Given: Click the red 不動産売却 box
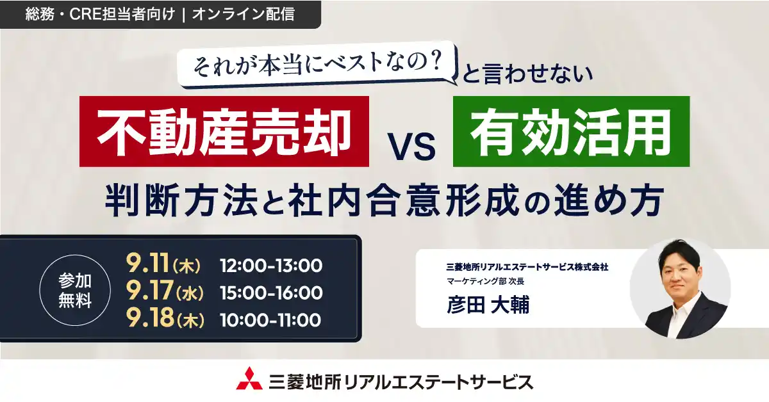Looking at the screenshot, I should (x=224, y=131).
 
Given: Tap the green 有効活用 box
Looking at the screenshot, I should (x=571, y=131).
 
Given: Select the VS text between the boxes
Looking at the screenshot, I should (x=411, y=147).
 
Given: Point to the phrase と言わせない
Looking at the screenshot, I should (x=527, y=76).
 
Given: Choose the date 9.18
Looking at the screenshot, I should (x=151, y=319).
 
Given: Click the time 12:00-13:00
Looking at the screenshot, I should (x=270, y=264).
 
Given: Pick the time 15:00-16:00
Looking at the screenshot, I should (x=270, y=293).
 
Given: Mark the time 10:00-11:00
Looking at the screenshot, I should (x=270, y=320).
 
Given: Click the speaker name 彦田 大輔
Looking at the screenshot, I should (x=488, y=304).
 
